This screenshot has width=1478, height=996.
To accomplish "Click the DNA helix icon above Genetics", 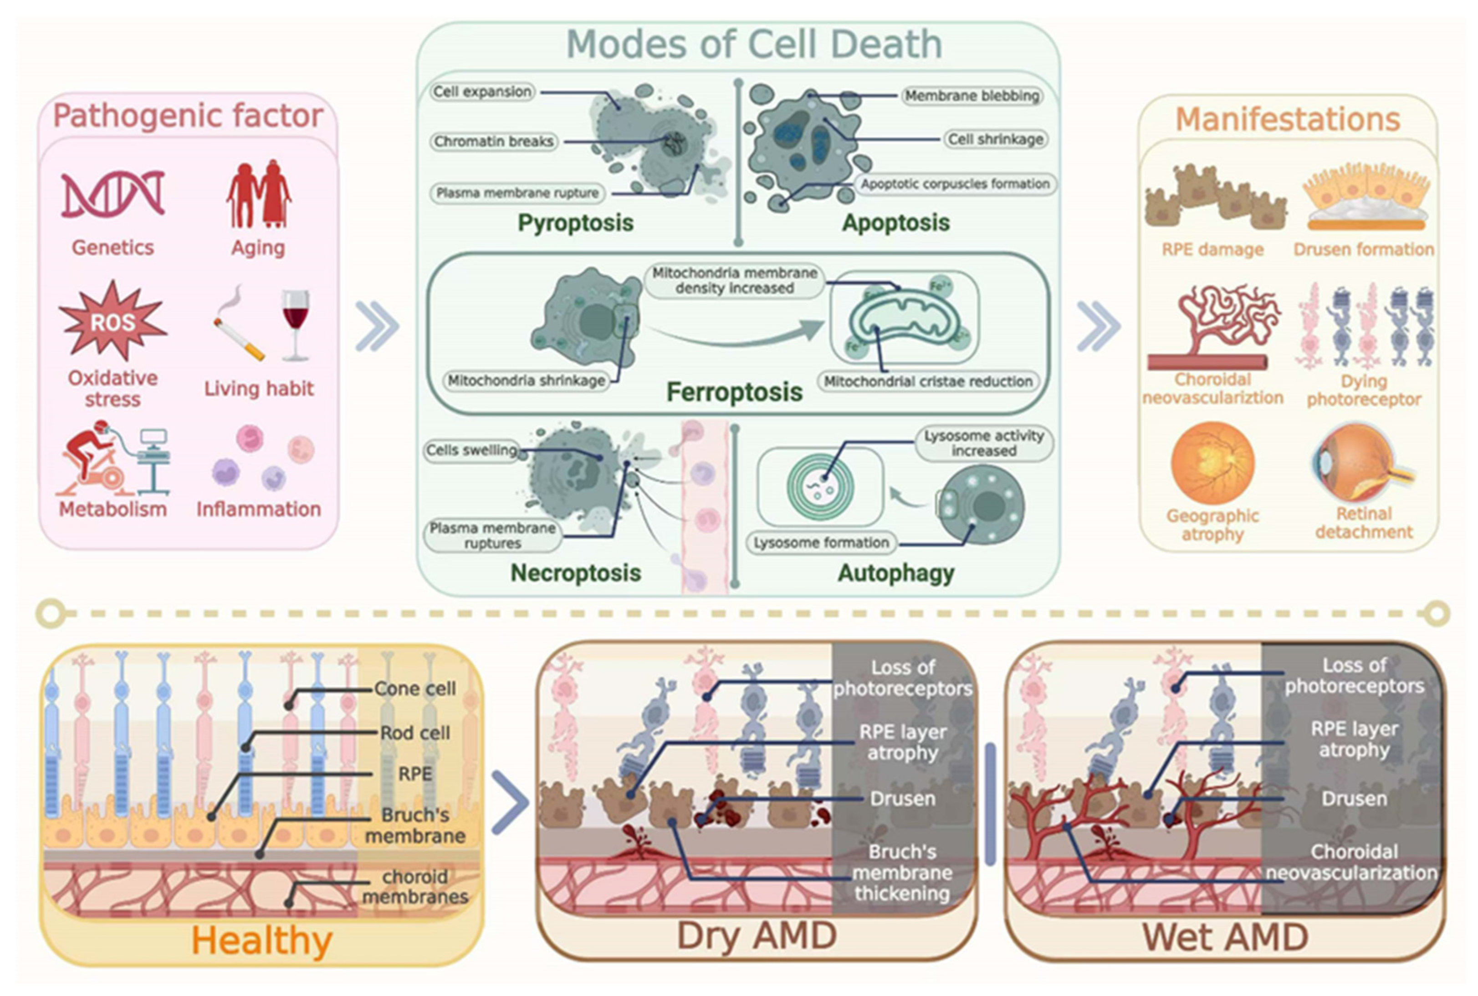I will (113, 194).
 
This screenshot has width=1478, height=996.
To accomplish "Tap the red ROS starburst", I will (113, 322).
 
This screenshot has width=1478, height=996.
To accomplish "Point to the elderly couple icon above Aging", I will (258, 194).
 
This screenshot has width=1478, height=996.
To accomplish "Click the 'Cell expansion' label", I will (482, 92).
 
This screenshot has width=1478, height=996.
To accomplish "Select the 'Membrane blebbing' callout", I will (972, 96).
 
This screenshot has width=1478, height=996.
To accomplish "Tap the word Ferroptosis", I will (734, 392).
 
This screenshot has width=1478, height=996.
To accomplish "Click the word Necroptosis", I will (575, 573).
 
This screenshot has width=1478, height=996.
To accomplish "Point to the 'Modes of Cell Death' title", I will (754, 45).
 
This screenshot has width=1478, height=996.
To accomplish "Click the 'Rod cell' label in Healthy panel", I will (414, 733).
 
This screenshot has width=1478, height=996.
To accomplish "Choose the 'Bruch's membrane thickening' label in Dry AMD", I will (902, 872).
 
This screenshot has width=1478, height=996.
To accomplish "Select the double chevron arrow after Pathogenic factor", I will (377, 327).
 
